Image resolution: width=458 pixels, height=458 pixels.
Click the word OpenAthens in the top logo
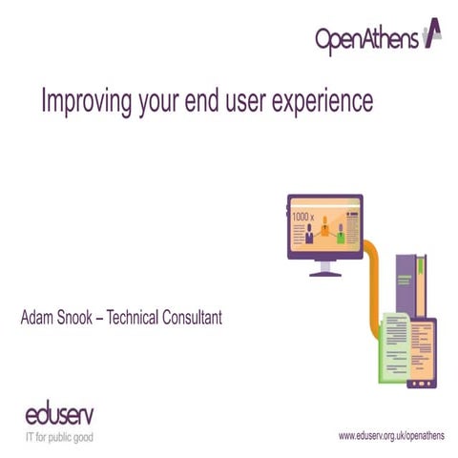click(366, 39)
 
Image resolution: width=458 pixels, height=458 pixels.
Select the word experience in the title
click(319, 101)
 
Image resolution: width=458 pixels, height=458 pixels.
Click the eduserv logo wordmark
click(59, 417)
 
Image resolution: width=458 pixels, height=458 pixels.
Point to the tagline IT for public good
click(59, 438)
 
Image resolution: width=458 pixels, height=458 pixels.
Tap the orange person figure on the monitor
click(325, 227)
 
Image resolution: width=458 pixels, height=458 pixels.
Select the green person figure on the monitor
click(341, 236)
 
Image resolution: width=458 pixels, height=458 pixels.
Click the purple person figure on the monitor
click(310, 236)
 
